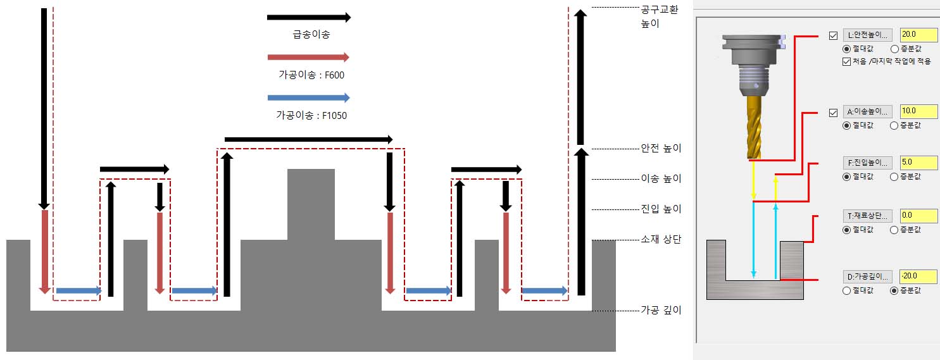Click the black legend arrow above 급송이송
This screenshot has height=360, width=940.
point(308,17)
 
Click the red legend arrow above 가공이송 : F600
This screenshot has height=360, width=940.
point(308,58)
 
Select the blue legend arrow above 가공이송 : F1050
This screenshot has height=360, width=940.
point(308,98)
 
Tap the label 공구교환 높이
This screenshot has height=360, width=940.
point(659,17)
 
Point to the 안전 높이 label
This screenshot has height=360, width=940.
point(661,149)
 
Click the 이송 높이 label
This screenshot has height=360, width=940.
point(661,179)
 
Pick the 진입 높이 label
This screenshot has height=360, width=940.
point(661,209)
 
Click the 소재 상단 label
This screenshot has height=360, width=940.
point(661,240)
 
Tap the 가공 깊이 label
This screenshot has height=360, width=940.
point(661,310)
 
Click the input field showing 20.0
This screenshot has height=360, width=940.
point(918,35)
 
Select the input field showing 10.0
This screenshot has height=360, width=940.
point(918,111)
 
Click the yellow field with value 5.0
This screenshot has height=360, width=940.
point(918,161)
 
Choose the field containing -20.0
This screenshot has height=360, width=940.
point(918,276)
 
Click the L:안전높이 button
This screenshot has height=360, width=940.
point(868,35)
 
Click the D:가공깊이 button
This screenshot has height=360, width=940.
point(868,276)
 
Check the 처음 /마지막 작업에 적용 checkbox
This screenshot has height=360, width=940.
point(846,61)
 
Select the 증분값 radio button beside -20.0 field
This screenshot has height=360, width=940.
point(894,290)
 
